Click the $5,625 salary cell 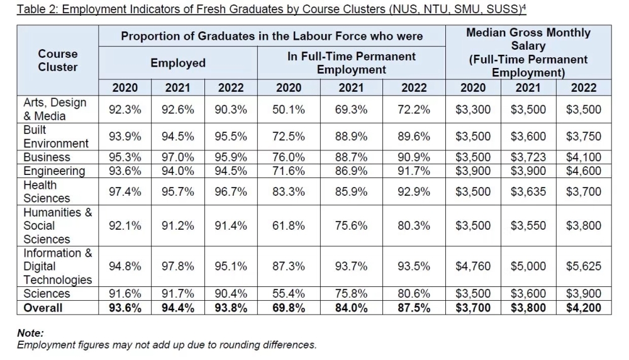(583, 266)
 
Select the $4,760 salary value (472, 266)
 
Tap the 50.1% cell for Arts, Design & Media (288, 110)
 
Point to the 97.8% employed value (177, 266)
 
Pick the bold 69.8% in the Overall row (288, 308)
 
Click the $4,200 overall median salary (583, 308)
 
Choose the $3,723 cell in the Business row (528, 157)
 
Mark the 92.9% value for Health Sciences (413, 192)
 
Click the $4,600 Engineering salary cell (583, 171)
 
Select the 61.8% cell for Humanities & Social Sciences (288, 225)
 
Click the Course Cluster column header (58, 60)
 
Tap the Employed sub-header (177, 63)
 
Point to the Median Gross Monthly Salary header (528, 39)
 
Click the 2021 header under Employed (177, 87)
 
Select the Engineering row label (54, 171)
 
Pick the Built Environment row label (56, 137)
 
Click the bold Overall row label (43, 308)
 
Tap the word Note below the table (30, 334)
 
